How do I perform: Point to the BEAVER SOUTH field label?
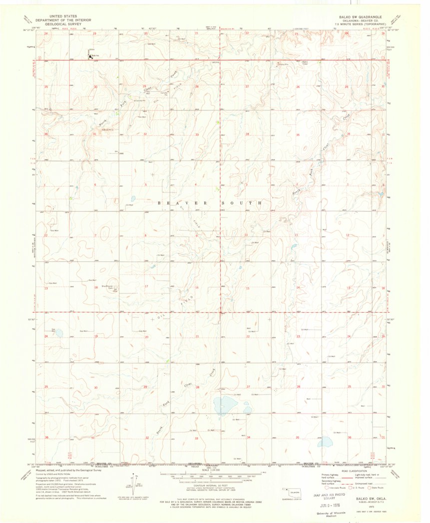point(210,203)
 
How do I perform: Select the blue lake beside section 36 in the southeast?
point(326,442)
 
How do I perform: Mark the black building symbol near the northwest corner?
point(90,56)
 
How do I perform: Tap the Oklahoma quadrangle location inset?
point(294,493)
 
